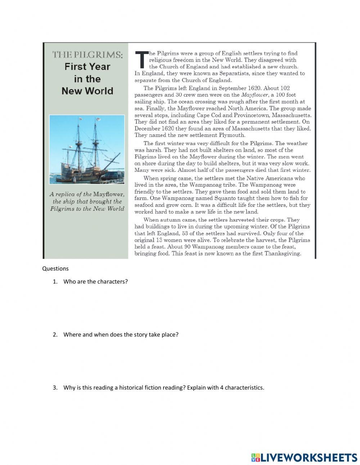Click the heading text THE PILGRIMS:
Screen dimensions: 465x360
pos(87,55)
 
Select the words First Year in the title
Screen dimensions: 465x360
pos(87,67)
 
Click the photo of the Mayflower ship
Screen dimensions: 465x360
pos(87,149)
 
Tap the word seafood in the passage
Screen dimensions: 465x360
pos(146,205)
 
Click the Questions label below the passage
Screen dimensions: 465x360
pos(55,268)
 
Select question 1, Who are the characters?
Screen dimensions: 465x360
pos(95,282)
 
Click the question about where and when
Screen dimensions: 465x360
pos(121,335)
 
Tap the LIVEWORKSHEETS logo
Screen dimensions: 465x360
pos(304,457)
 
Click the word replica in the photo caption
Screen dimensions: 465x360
pos(67,195)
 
